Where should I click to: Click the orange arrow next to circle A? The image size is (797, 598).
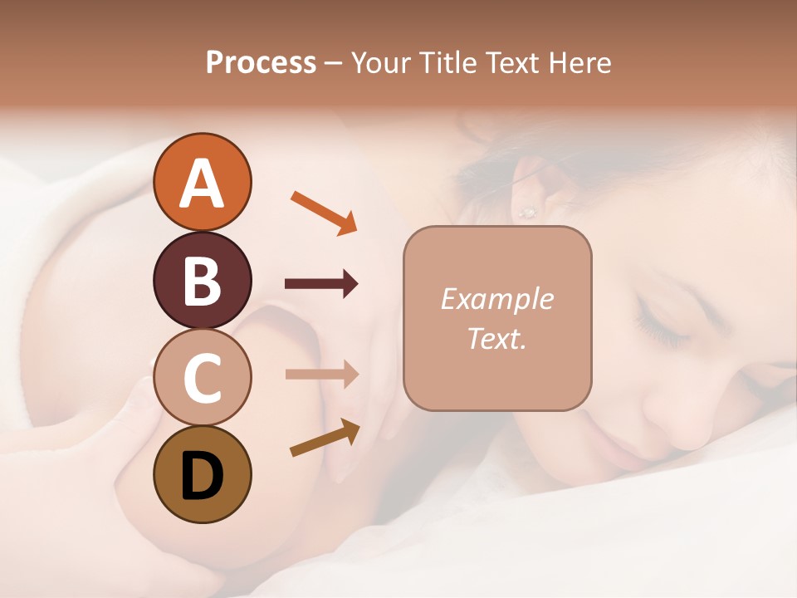click(324, 211)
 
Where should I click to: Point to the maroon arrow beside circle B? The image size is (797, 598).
click(321, 285)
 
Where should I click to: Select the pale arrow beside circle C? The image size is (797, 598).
click(321, 374)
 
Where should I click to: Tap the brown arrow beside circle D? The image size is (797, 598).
click(325, 437)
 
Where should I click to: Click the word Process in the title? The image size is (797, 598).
click(261, 62)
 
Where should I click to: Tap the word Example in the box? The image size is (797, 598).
click(496, 299)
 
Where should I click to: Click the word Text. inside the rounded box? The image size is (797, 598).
click(496, 338)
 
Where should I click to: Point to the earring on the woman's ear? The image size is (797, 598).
click(526, 213)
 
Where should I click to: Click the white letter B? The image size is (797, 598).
click(202, 281)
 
